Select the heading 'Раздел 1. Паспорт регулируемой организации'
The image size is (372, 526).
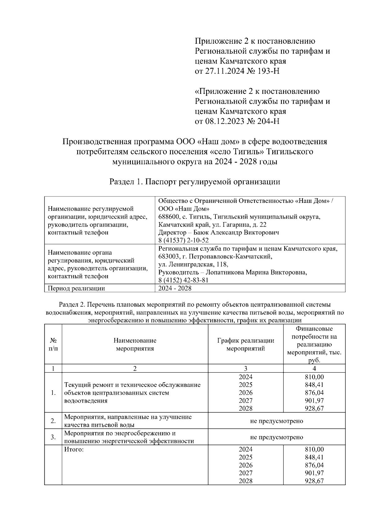click(195, 182)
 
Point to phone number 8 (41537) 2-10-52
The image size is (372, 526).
click(184, 240)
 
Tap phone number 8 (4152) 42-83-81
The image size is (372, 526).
click(183, 280)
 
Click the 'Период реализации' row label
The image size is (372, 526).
click(76, 288)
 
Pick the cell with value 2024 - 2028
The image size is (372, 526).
click(175, 288)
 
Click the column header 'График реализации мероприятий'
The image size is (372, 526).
click(246, 344)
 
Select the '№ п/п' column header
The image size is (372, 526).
click(53, 344)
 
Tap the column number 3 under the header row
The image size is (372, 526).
click(246, 368)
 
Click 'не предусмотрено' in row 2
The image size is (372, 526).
click(277, 421)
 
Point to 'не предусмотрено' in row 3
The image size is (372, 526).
click(277, 437)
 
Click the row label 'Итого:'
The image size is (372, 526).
click(74, 449)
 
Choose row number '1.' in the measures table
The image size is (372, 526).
click(53, 393)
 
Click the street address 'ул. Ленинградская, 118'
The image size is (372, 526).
click(193, 264)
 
